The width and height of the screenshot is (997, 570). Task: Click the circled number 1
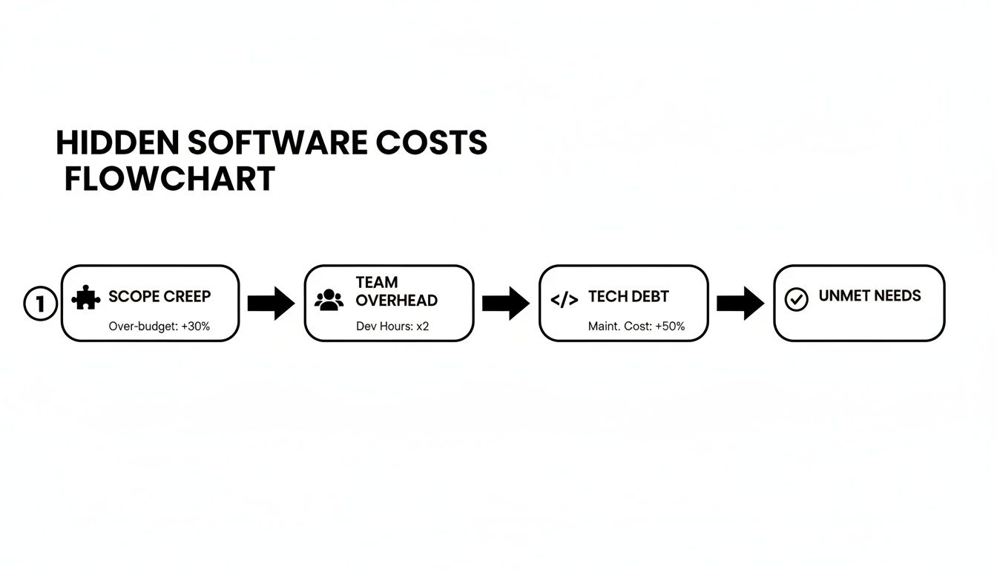tap(40, 304)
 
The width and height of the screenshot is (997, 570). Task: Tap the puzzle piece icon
tap(86, 298)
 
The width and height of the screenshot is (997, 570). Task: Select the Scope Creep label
tap(159, 297)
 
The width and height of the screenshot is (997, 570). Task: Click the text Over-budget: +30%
tap(159, 327)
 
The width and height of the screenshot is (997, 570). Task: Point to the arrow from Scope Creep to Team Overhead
tap(271, 303)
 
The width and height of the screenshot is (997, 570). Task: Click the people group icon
tap(329, 300)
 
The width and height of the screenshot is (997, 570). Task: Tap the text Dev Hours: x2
tap(392, 327)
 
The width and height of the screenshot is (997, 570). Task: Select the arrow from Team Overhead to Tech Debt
tap(506, 303)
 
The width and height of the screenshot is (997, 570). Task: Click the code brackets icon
tap(565, 300)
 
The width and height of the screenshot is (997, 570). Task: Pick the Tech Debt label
tap(628, 297)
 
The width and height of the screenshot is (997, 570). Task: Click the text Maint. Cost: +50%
tap(636, 327)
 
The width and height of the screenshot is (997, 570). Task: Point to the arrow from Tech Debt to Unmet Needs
tap(740, 303)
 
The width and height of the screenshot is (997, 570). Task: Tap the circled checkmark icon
tap(796, 299)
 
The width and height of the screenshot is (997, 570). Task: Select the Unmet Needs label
tap(869, 296)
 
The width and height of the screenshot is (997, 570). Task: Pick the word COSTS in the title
tap(431, 143)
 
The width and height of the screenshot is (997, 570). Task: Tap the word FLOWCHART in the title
tap(170, 180)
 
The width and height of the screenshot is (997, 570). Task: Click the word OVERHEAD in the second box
tap(396, 301)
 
